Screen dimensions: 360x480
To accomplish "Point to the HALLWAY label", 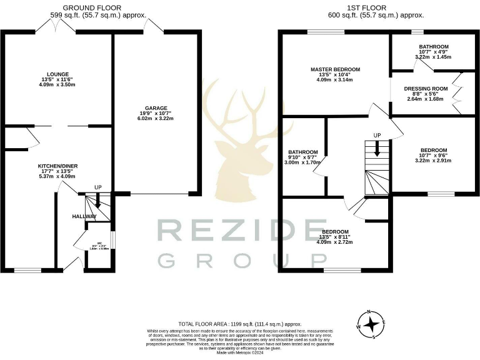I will (x=83, y=216).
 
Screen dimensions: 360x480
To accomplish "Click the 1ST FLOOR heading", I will (x=376, y=7).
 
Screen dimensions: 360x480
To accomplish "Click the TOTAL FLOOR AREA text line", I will (x=239, y=324).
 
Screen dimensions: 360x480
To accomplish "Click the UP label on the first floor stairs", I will (x=376, y=135).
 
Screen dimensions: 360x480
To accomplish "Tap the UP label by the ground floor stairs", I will (x=97, y=187).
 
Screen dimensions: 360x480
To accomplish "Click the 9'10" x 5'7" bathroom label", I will (x=302, y=152).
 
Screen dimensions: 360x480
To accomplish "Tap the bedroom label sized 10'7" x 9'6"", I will (x=433, y=150).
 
